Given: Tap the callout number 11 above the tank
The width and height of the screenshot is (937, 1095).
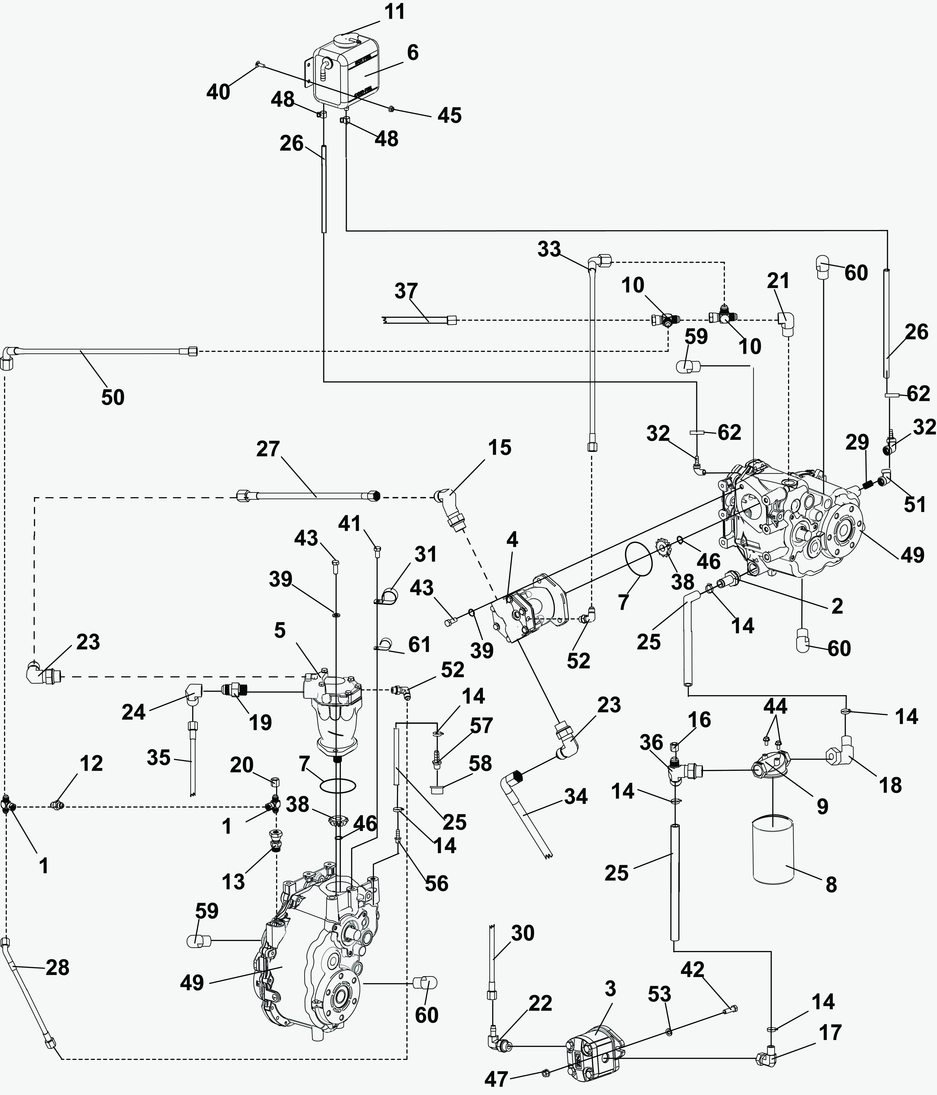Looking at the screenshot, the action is click(394, 12).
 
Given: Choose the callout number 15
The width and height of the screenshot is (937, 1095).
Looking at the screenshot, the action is click(499, 448).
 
